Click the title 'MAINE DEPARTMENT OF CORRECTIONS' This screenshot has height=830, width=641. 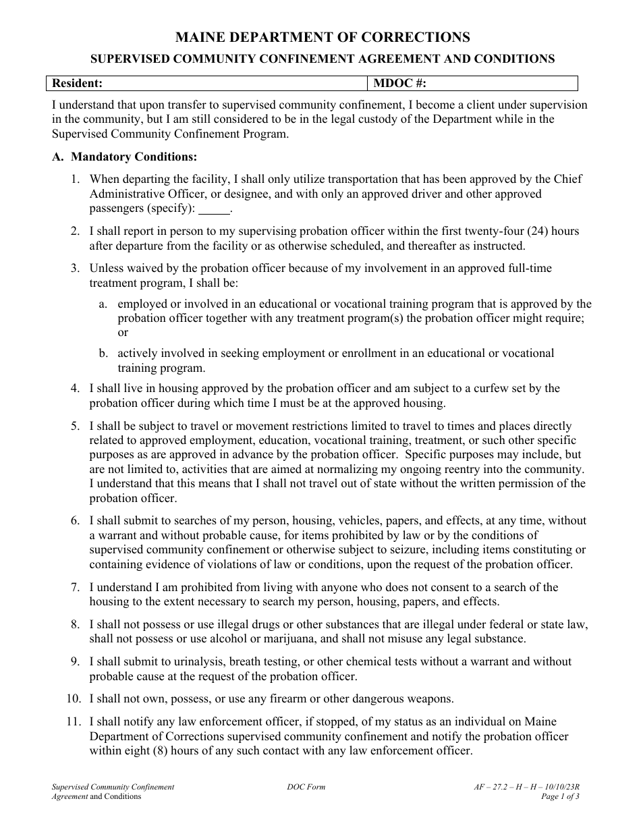[323, 37]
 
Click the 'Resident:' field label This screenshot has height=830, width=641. [78, 84]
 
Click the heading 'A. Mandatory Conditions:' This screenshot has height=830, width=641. [125, 157]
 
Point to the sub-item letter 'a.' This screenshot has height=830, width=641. [103, 304]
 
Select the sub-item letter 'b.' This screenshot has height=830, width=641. [103, 354]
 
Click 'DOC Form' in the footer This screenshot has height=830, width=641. [306, 787]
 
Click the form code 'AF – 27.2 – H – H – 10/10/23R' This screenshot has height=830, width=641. [527, 787]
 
